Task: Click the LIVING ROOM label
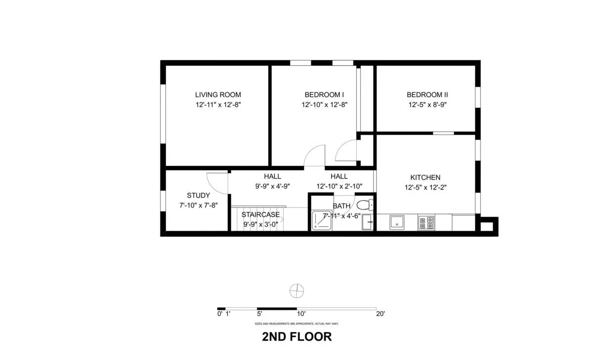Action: (x=218, y=95)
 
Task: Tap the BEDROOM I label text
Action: (x=324, y=95)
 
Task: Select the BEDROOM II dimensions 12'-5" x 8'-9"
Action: (x=427, y=105)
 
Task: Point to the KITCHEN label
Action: (x=425, y=177)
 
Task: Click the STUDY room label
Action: (x=198, y=196)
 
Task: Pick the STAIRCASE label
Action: (x=260, y=214)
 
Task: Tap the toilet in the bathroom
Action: (x=365, y=204)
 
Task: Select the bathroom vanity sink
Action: (x=368, y=222)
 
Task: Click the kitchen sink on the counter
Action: (x=397, y=222)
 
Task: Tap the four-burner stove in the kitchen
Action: (x=426, y=223)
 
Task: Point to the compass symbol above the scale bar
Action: (x=296, y=291)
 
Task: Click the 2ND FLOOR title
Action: (x=296, y=337)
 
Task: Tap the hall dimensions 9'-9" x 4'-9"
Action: (x=272, y=186)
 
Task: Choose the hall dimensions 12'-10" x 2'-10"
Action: (x=339, y=186)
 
